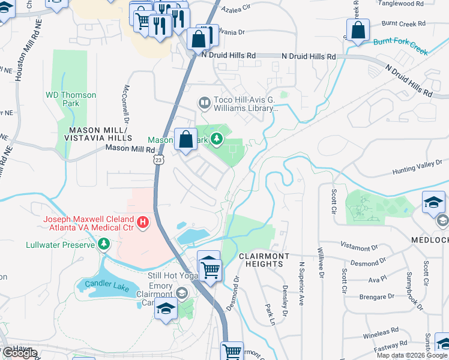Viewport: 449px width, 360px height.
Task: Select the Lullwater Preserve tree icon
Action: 104,244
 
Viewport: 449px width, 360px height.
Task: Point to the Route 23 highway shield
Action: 158,160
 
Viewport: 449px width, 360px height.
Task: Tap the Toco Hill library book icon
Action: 204,104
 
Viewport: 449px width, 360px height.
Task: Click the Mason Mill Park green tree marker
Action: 216,140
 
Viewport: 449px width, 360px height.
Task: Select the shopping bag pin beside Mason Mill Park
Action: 186,139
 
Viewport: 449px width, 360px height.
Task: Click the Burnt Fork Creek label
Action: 401,46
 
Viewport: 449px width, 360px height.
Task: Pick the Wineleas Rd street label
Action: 381,331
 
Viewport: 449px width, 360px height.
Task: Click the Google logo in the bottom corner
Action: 19,353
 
